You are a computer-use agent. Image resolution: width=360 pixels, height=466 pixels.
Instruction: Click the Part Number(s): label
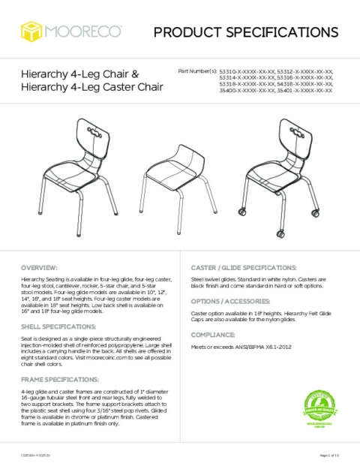[196, 71]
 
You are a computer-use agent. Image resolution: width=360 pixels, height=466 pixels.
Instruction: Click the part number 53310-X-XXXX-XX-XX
[247, 71]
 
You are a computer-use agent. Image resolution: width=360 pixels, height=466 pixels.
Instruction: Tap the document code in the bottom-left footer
[35, 455]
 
